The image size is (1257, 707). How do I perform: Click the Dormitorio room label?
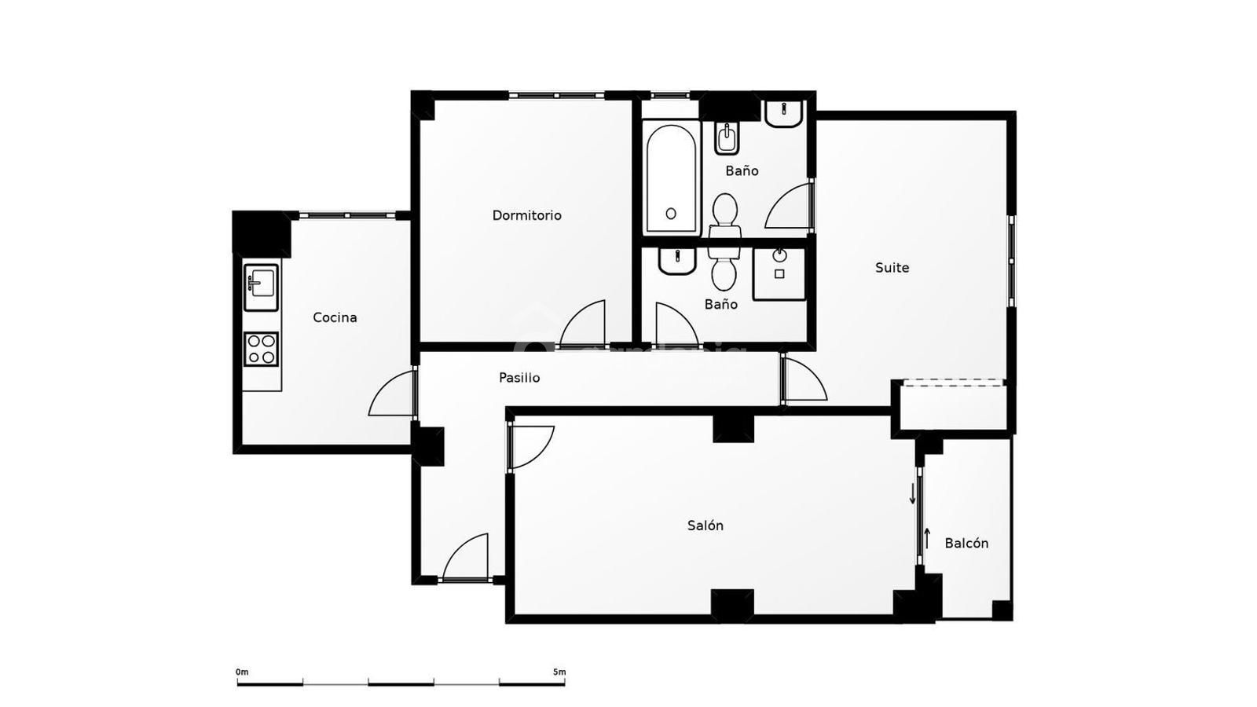[526, 215]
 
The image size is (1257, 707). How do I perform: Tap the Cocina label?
[335, 317]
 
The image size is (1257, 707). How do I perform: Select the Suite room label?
[892, 268]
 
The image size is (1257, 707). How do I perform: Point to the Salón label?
[705, 526]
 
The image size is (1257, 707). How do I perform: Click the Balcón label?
[966, 543]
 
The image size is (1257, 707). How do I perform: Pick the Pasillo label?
[519, 378]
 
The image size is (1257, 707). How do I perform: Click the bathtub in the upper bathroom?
[671, 178]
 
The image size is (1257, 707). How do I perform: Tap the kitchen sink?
[261, 288]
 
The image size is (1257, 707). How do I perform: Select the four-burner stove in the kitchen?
[261, 349]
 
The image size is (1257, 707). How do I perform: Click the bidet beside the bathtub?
[727, 138]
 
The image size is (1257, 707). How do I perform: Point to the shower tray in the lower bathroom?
[779, 274]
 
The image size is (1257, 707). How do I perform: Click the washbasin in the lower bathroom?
[676, 262]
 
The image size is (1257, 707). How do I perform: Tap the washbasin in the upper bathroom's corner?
[783, 115]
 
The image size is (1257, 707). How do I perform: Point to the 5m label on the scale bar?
[559, 672]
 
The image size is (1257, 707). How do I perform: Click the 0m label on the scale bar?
[242, 672]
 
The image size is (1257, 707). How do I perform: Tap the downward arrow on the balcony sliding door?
[912, 494]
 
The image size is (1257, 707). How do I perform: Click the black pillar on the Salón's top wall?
[733, 427]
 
